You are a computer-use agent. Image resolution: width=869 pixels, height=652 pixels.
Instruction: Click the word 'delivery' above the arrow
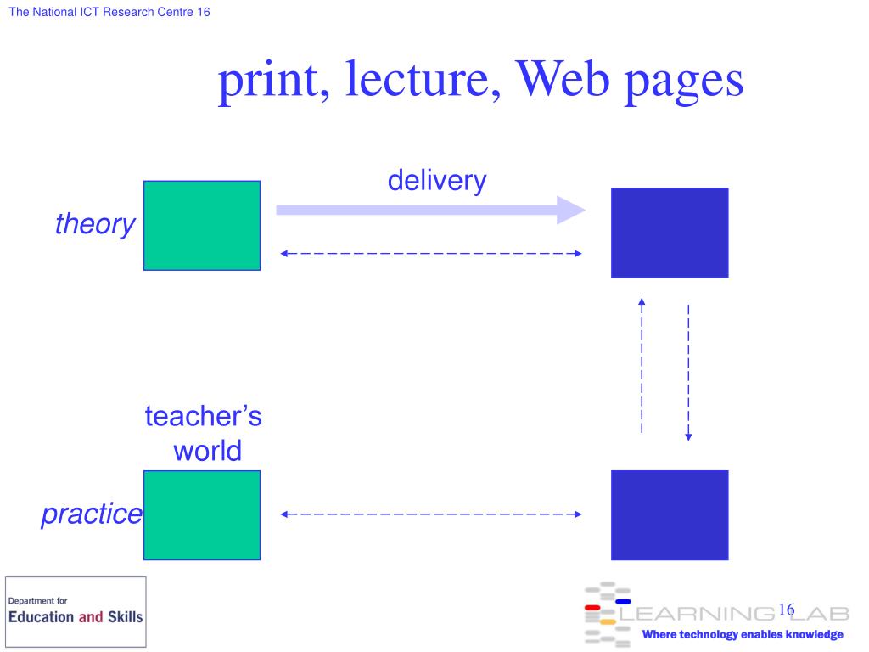437,180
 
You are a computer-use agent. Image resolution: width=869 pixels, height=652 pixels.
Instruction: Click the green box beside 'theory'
202,225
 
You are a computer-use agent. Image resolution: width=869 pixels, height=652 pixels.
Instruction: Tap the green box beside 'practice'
202,514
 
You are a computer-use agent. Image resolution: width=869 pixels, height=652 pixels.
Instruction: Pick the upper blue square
670,233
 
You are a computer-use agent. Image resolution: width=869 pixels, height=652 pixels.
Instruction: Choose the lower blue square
670,514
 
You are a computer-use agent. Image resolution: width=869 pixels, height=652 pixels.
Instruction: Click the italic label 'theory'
94,224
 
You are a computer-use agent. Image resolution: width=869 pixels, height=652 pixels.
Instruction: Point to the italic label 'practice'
92,514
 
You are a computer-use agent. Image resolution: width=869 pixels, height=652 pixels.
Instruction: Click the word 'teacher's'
203,417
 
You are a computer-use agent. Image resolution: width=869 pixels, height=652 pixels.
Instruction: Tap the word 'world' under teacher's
207,450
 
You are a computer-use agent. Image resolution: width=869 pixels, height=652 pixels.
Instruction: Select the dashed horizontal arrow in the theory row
431,253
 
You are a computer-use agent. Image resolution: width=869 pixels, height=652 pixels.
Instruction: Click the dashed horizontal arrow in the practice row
431,514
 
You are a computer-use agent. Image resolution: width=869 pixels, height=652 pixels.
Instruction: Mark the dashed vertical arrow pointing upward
642,365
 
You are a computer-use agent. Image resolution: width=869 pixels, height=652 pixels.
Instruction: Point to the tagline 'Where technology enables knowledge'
743,635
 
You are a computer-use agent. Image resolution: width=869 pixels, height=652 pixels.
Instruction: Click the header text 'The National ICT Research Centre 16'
109,13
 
